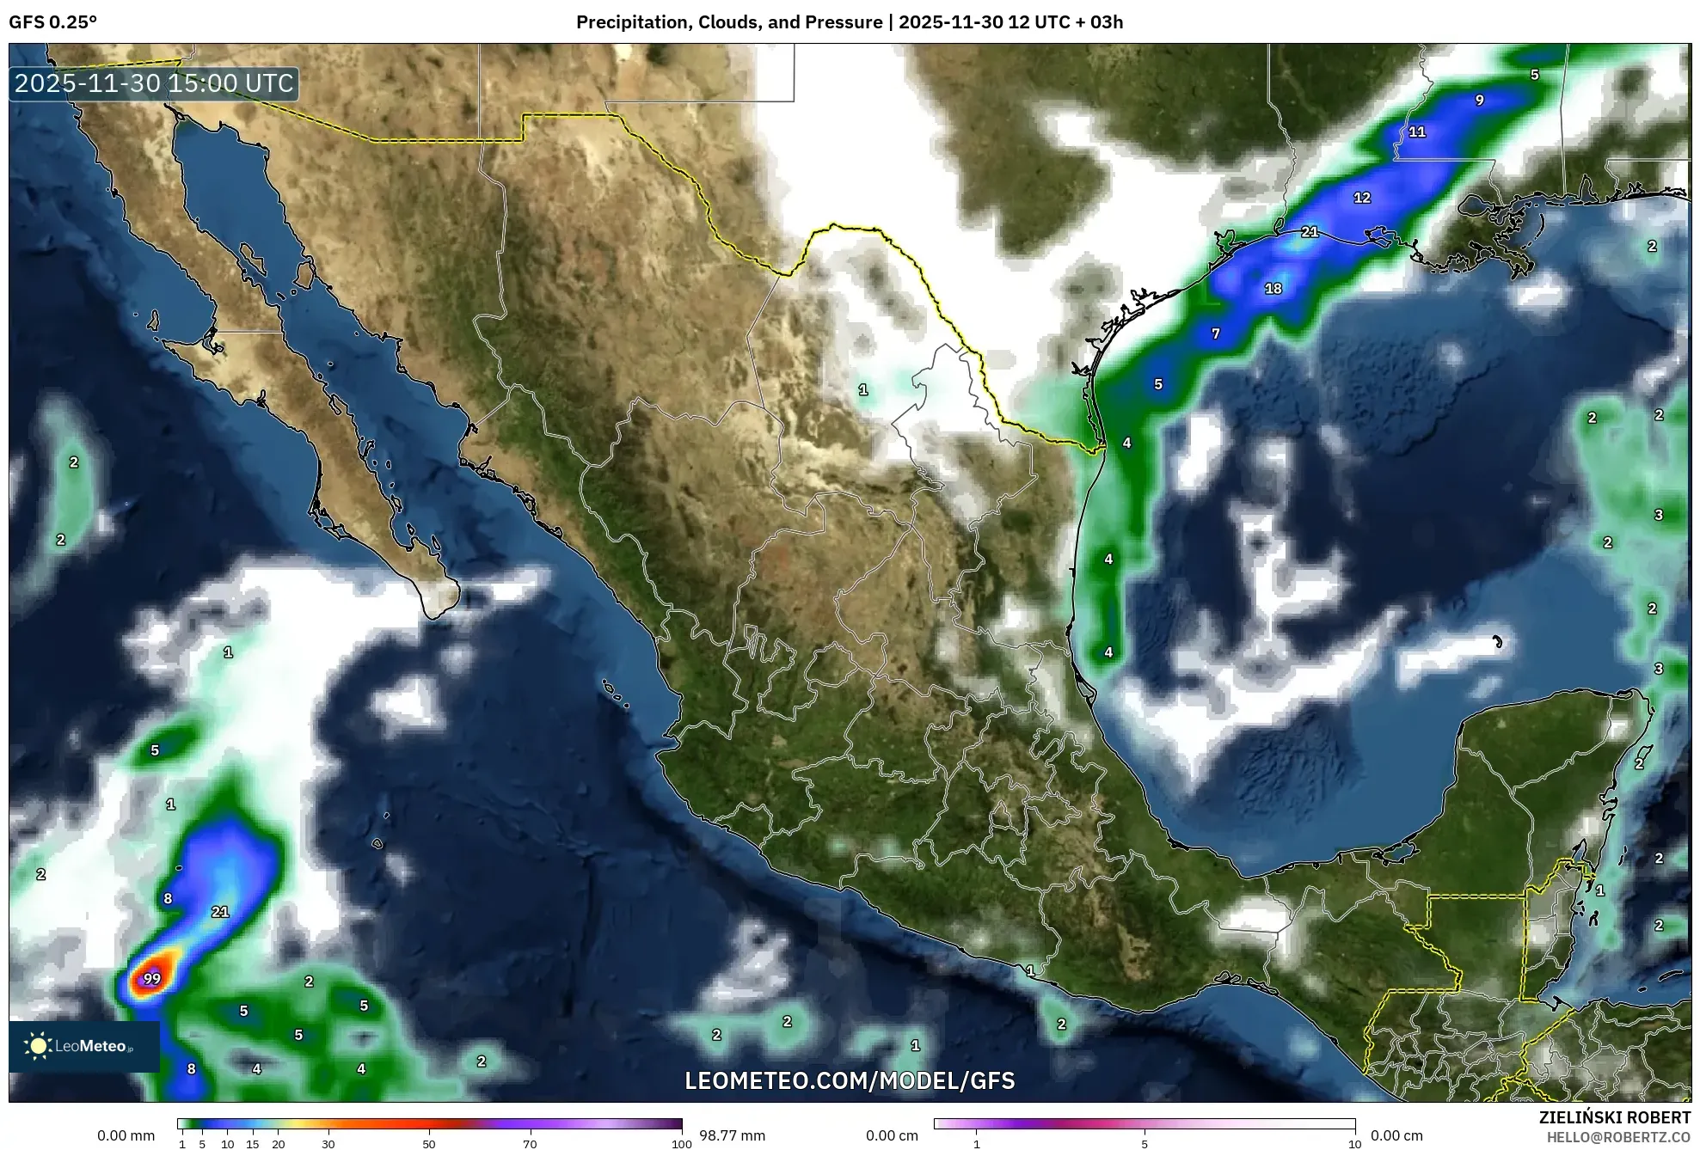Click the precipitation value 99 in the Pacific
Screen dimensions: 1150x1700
click(152, 978)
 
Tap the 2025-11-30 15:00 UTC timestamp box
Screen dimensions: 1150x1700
click(155, 83)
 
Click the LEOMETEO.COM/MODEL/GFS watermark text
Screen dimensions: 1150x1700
click(850, 1080)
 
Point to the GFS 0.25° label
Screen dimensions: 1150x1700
click(52, 22)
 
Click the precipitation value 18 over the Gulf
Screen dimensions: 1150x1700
click(1273, 289)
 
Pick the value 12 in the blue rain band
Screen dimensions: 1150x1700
click(1362, 198)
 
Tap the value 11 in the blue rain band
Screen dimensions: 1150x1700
click(1417, 132)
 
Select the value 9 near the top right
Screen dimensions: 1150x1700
click(1480, 101)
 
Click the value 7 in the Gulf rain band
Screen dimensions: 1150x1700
click(1216, 333)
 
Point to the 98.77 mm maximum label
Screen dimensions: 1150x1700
click(732, 1135)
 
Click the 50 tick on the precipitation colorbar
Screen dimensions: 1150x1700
click(429, 1144)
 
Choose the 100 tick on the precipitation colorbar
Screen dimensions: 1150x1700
click(681, 1144)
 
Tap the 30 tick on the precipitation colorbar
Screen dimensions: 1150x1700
click(328, 1144)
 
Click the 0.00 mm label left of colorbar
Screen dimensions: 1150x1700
click(126, 1135)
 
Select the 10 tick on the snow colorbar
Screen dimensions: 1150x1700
click(1354, 1144)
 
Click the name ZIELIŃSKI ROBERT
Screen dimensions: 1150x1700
click(1614, 1117)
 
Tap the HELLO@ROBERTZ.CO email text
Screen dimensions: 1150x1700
click(1618, 1137)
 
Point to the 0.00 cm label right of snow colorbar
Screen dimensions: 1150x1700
click(1396, 1135)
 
